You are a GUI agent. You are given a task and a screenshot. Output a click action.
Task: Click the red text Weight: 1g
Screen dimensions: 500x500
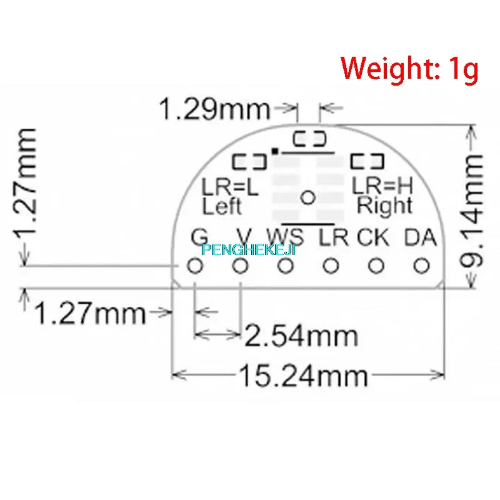click(409, 67)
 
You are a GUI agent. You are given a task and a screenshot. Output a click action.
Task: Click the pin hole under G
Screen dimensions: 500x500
click(195, 267)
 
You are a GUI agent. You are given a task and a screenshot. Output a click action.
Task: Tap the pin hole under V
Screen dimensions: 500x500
click(241, 267)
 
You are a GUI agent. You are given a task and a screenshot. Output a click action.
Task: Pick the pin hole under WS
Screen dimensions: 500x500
click(286, 267)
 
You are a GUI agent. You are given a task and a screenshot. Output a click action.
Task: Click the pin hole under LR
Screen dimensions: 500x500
click(331, 267)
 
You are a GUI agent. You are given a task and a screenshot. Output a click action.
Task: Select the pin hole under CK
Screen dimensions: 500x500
click(376, 267)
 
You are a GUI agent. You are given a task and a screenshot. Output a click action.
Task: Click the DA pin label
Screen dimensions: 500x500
click(420, 237)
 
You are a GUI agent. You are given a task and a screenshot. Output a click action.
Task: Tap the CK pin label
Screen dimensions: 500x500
click(374, 237)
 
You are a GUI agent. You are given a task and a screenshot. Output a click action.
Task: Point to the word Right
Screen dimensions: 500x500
click(384, 205)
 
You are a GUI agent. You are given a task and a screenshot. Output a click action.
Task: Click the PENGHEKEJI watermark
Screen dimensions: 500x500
click(249, 250)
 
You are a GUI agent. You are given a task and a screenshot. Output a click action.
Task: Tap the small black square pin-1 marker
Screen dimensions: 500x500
click(274, 151)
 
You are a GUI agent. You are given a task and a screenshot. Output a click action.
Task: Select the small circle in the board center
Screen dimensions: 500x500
click(307, 197)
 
